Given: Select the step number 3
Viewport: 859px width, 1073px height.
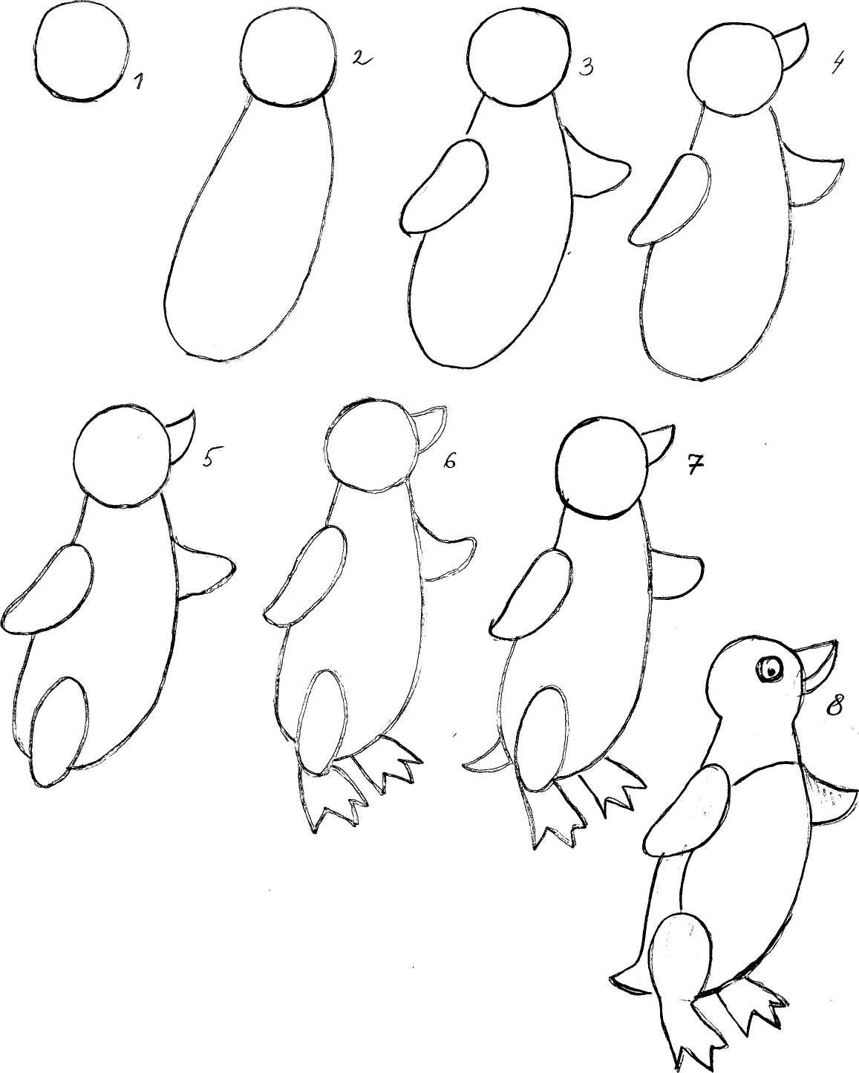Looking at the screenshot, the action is (587, 65).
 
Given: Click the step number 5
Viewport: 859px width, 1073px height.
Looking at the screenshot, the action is (209, 457).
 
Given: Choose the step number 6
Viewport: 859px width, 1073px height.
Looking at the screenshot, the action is (448, 460).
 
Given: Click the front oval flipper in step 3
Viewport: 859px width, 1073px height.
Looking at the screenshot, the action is (444, 186).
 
